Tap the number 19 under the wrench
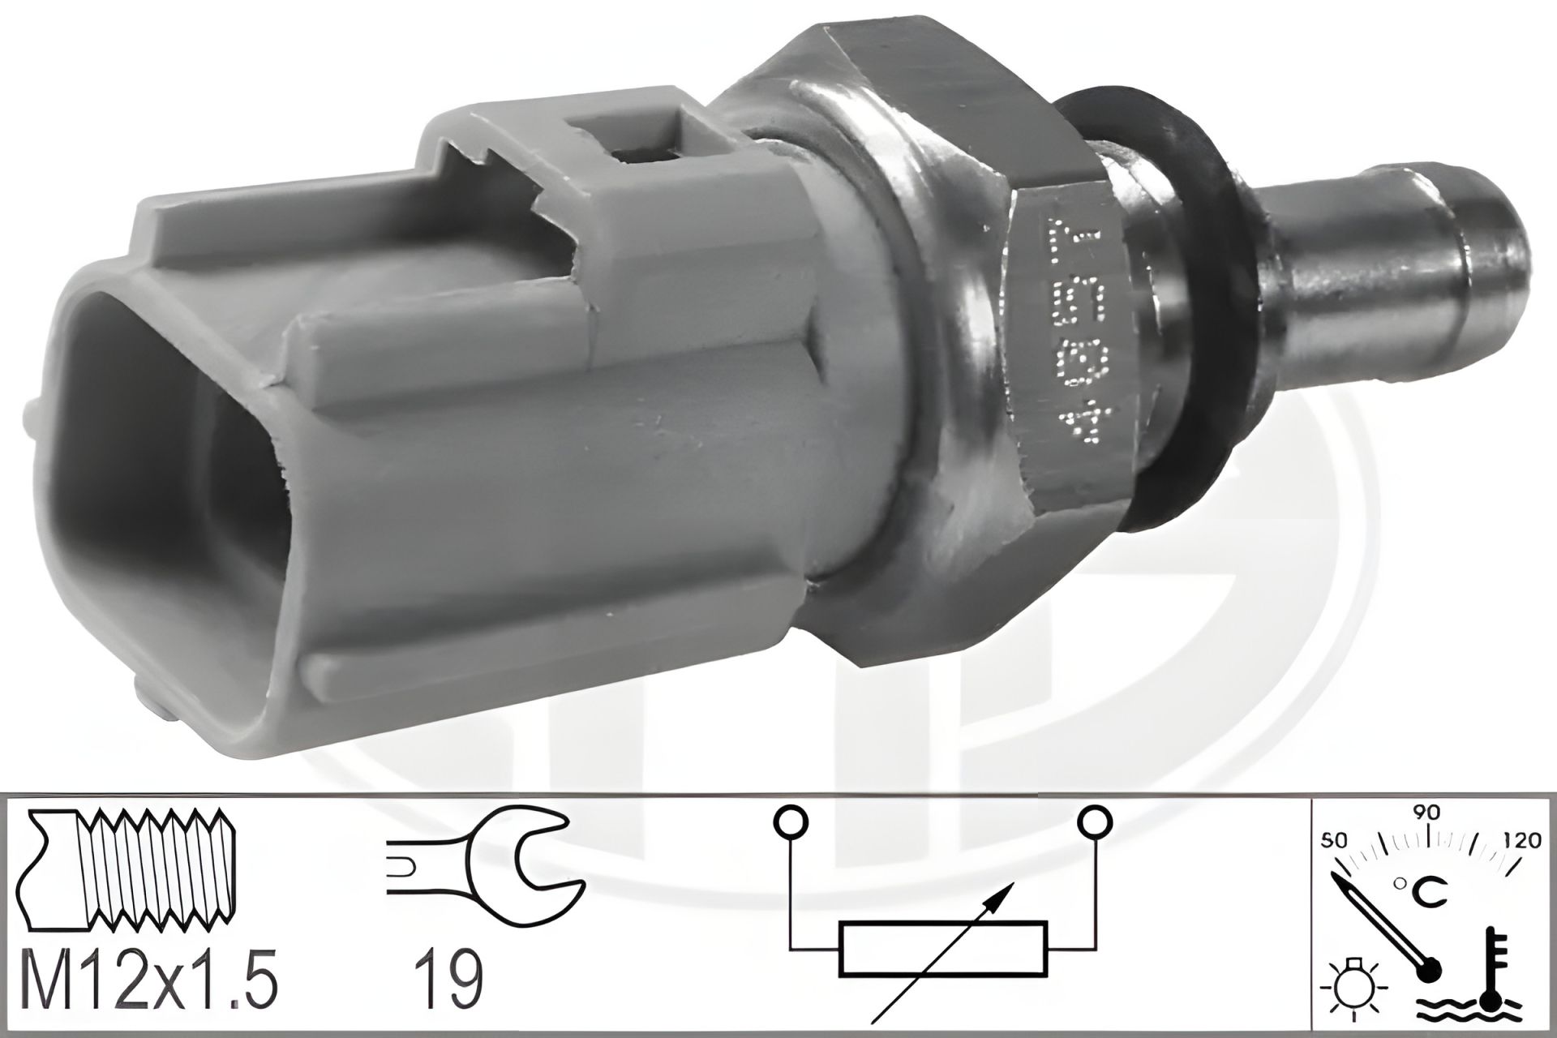click(x=449, y=980)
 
